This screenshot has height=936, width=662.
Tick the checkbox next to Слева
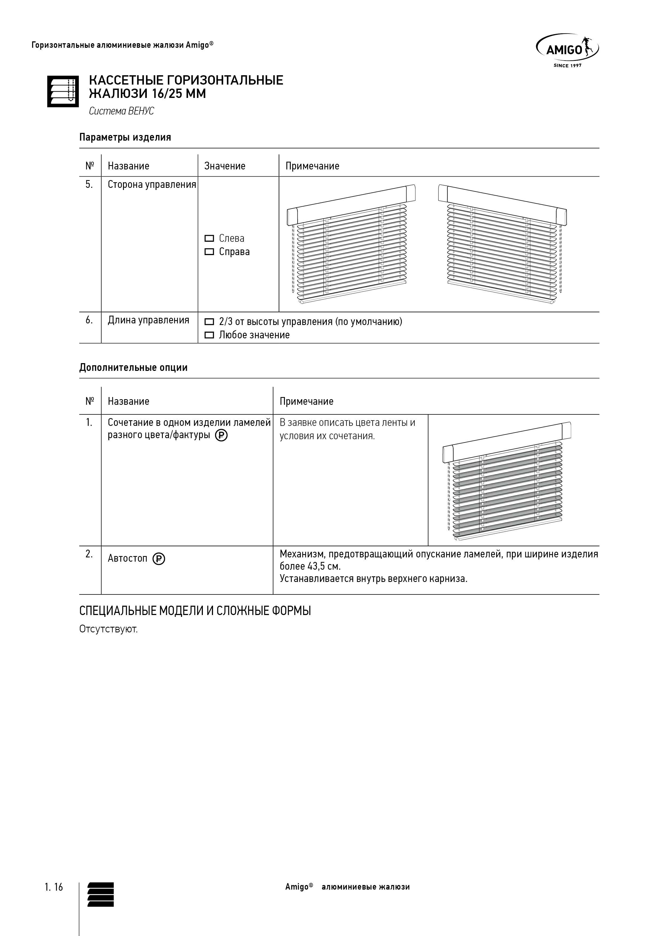209,239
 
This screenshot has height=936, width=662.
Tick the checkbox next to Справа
209,252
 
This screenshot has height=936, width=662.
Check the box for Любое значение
209,335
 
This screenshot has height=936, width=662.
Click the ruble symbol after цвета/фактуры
221,436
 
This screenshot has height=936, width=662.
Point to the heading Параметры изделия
125,137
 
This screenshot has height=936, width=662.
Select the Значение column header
225,166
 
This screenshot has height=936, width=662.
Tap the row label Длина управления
148,320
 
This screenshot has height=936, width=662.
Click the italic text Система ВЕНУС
121,111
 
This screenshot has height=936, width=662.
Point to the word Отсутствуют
108,629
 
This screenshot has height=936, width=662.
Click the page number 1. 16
54,887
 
